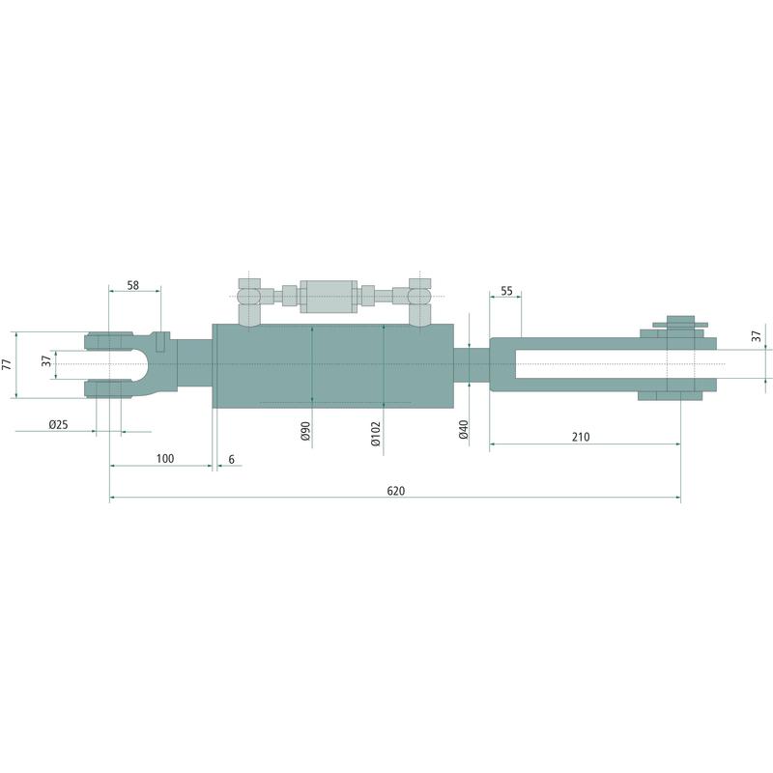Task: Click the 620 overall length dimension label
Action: point(396,491)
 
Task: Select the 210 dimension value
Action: point(581,437)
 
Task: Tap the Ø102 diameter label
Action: point(376,434)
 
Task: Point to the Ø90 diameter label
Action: point(305,431)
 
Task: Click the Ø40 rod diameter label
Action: point(464,430)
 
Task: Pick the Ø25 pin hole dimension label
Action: point(58,424)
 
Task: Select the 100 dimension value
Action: point(165,458)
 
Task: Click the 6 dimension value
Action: point(231,460)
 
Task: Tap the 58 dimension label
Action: point(133,285)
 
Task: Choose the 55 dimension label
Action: point(506,291)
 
